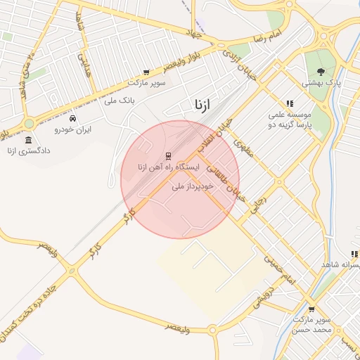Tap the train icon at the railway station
(x=168, y=155)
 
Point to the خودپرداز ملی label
(x=192, y=187)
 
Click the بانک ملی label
(x=119, y=101)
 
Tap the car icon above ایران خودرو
(x=74, y=118)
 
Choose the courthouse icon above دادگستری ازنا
(x=28, y=141)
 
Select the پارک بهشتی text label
(x=322, y=82)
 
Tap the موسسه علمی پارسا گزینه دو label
(x=289, y=119)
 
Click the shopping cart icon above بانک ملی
(x=146, y=72)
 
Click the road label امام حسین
(x=279, y=269)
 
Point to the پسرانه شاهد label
(x=342, y=264)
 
